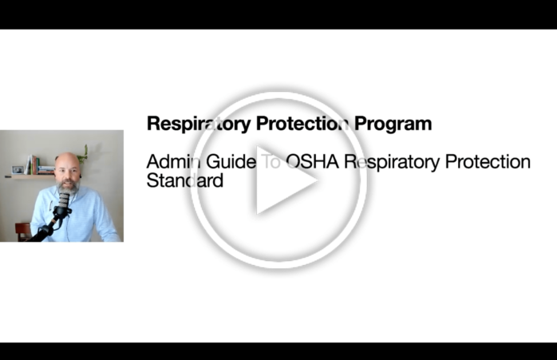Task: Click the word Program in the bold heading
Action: (393, 125)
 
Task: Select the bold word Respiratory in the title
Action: (199, 125)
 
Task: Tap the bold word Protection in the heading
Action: (302, 124)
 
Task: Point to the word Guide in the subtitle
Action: (231, 162)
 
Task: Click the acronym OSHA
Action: (313, 162)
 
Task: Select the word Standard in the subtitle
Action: (184, 180)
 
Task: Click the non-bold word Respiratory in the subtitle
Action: (392, 163)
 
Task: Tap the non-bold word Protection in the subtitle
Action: (488, 162)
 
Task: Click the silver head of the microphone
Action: (64, 200)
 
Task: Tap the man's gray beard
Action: (68, 187)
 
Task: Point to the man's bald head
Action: (67, 160)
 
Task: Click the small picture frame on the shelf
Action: (18, 170)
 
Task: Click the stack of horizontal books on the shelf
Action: (46, 170)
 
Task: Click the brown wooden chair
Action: (23, 231)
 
